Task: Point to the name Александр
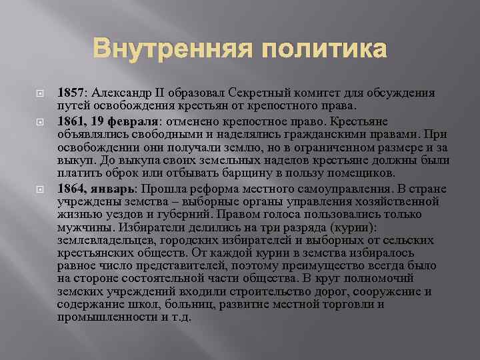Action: coord(131,93)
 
